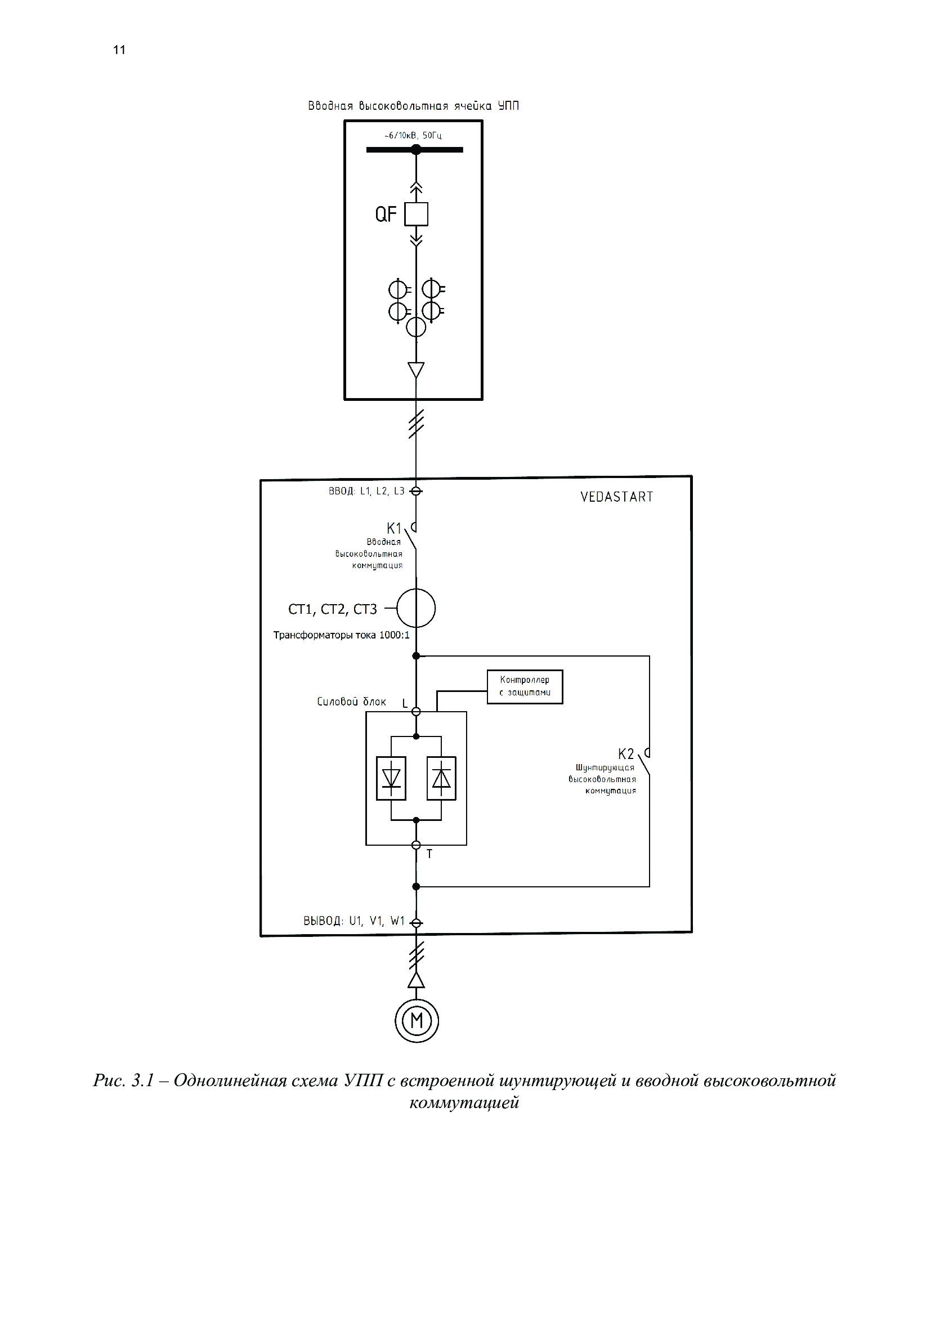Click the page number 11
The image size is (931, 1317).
pyautogui.click(x=119, y=50)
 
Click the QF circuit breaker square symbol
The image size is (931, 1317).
pyautogui.click(x=416, y=215)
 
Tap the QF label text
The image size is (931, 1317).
pyautogui.click(x=386, y=215)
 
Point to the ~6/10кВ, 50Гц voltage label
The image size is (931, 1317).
pyautogui.click(x=413, y=136)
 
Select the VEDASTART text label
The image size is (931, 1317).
pyautogui.click(x=617, y=497)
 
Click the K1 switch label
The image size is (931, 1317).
pyautogui.click(x=394, y=528)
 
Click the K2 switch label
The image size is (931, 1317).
pyautogui.click(x=626, y=754)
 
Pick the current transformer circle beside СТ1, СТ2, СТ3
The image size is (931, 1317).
pyautogui.click(x=416, y=608)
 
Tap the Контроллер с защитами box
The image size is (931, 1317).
pyautogui.click(x=525, y=686)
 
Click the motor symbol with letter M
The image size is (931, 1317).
pyautogui.click(x=417, y=1020)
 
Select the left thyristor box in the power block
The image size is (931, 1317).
pyautogui.click(x=391, y=778)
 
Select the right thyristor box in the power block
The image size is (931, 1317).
pyautogui.click(x=441, y=778)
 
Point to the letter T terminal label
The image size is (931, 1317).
pyautogui.click(x=429, y=854)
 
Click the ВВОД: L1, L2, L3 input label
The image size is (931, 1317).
pyautogui.click(x=366, y=491)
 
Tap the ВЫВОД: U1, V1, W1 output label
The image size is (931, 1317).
pyautogui.click(x=353, y=921)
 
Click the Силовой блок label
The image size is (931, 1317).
pyautogui.click(x=351, y=702)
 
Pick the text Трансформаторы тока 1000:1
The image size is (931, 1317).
pyautogui.click(x=341, y=635)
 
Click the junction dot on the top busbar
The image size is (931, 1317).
pyautogui.click(x=416, y=150)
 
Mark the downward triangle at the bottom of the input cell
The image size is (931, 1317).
pyautogui.click(x=416, y=370)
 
